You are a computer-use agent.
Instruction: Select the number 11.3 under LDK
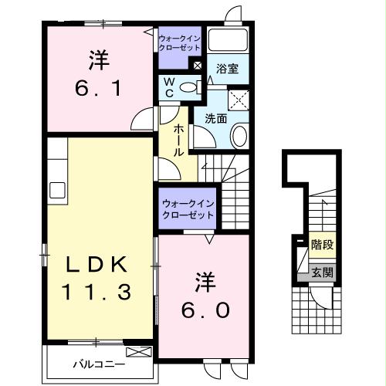[x=96, y=293]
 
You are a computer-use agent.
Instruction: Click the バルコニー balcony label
[x=95, y=361]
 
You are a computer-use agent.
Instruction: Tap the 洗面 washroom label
[x=216, y=119]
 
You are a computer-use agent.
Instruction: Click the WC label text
[x=167, y=86]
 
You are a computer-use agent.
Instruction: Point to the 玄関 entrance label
[x=323, y=272]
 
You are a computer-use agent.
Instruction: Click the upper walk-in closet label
[x=179, y=42]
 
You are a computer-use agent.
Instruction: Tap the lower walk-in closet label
[x=188, y=208]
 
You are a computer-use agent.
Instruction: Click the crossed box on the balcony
[x=140, y=352]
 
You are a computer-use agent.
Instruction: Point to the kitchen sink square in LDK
[x=58, y=189]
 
